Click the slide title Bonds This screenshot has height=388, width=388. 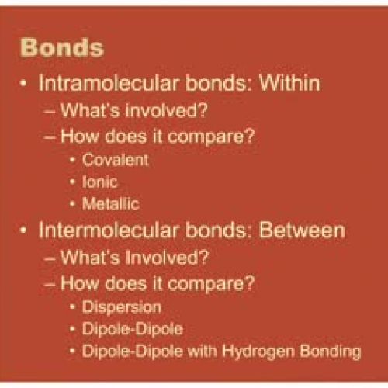[x=62, y=47]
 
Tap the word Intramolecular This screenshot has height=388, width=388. [x=97, y=83]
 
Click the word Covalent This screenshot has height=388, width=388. [x=115, y=161]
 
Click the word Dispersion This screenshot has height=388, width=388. [x=121, y=308]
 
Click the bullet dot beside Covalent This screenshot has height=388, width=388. [x=73, y=161]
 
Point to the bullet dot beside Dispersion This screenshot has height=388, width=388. [x=73, y=308]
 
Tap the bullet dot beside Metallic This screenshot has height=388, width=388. [x=73, y=204]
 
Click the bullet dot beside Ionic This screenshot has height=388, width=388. [x=73, y=182]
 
